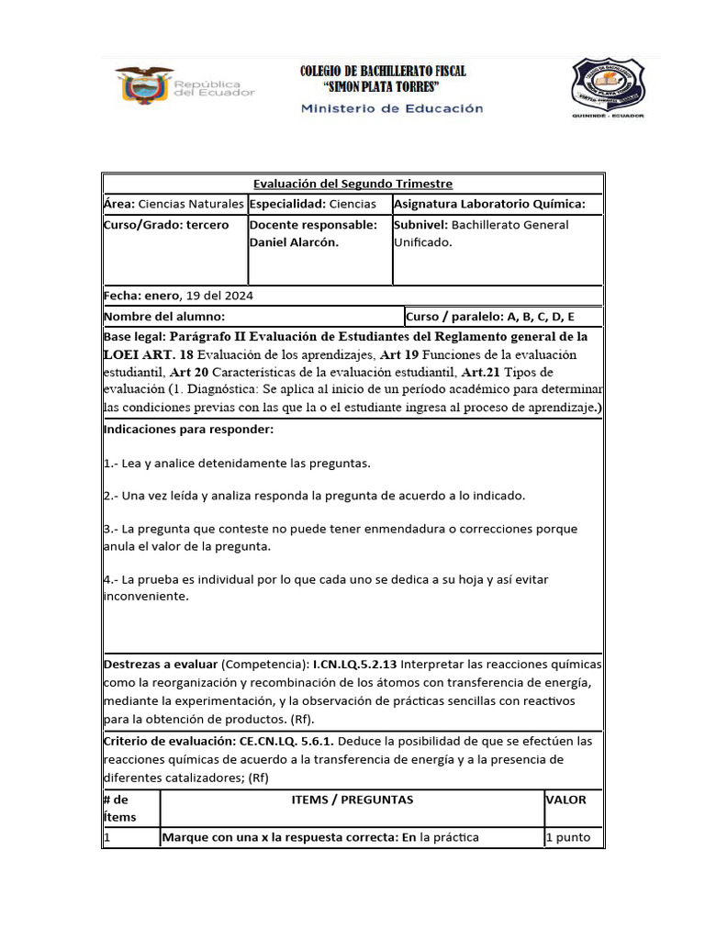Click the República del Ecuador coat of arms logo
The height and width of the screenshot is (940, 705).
click(144, 84)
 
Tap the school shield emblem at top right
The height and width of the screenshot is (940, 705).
click(607, 86)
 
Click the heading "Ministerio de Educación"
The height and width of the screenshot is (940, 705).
click(392, 108)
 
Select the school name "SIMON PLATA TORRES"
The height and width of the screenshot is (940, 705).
click(383, 87)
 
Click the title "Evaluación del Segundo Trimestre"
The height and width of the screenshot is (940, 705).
click(352, 185)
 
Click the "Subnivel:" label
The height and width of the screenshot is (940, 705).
click(420, 225)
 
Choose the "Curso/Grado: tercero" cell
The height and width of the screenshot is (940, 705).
click(166, 225)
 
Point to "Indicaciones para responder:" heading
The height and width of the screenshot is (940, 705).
click(188, 430)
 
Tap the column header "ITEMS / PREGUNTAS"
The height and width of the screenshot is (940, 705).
click(352, 800)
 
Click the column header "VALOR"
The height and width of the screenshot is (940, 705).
click(565, 800)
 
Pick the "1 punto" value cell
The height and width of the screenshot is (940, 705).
click(568, 837)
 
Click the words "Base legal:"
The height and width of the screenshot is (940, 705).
click(135, 337)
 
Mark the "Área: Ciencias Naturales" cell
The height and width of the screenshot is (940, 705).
click(173, 204)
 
